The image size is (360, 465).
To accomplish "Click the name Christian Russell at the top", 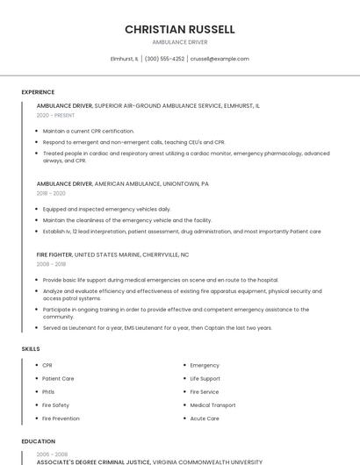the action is tap(180, 29).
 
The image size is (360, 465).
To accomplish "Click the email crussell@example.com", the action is tap(220, 59).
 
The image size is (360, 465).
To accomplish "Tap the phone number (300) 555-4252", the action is tap(164, 59).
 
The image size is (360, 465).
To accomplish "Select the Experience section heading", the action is tap(38, 92).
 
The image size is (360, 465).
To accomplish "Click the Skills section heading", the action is tap(31, 349).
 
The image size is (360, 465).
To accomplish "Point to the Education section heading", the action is tap(38, 441).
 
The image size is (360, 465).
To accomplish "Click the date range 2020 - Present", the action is tap(55, 115).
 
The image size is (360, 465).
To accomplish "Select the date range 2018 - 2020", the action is tap(51, 193).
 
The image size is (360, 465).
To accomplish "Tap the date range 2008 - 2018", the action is tap(51, 263).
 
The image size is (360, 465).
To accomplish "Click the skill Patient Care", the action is tap(58, 378).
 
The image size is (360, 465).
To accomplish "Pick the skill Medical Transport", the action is tap(212, 405).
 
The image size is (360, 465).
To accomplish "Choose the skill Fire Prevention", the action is tap(61, 418).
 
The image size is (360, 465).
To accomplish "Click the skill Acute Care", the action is tap(205, 418).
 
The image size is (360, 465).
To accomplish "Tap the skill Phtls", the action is tap(48, 391).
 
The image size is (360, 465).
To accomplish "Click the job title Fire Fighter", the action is tap(54, 254).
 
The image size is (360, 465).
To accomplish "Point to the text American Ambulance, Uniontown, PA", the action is tap(151, 184).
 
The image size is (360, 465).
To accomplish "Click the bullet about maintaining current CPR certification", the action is tap(88, 131).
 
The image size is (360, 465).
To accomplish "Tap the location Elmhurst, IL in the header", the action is tap(124, 59).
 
